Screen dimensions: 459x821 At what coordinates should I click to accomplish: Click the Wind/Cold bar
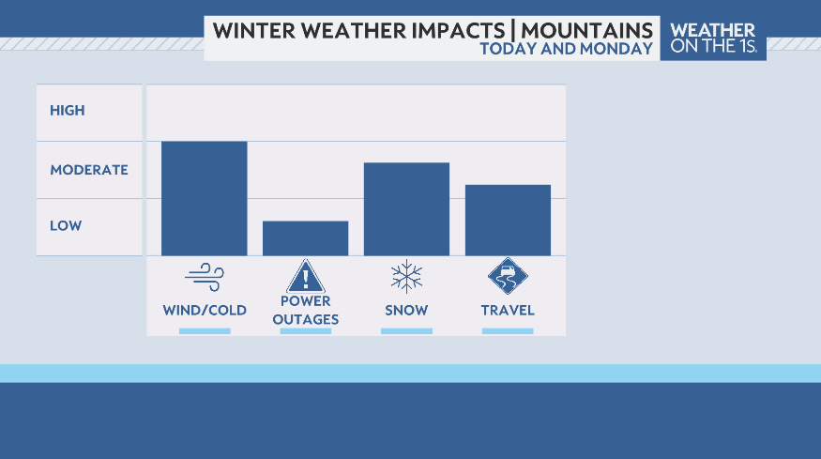tap(204, 198)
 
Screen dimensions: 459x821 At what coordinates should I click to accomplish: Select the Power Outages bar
tap(305, 237)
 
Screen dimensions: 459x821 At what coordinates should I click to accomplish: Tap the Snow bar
tap(406, 208)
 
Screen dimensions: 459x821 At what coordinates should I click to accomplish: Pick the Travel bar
tap(508, 220)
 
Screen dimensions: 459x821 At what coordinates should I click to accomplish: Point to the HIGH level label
tap(68, 111)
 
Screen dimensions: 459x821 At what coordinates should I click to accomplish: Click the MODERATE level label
tap(89, 170)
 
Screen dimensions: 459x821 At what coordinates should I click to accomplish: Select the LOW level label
tap(66, 226)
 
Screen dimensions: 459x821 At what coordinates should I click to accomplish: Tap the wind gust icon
tap(204, 277)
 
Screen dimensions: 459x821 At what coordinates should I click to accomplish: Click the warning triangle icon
tap(305, 277)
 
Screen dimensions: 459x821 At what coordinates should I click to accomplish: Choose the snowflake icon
tap(406, 277)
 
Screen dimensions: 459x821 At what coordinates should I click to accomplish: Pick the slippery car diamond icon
tap(508, 276)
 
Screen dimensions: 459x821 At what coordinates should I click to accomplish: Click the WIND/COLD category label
tap(205, 311)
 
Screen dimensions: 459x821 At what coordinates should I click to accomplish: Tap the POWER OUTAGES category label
tap(305, 311)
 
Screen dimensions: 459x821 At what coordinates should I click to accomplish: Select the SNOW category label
tap(406, 311)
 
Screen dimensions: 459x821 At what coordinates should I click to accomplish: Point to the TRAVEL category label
tap(508, 311)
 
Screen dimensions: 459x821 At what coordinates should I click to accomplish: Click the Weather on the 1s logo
tap(713, 38)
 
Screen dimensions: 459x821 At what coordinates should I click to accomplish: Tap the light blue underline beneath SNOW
tap(406, 331)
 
